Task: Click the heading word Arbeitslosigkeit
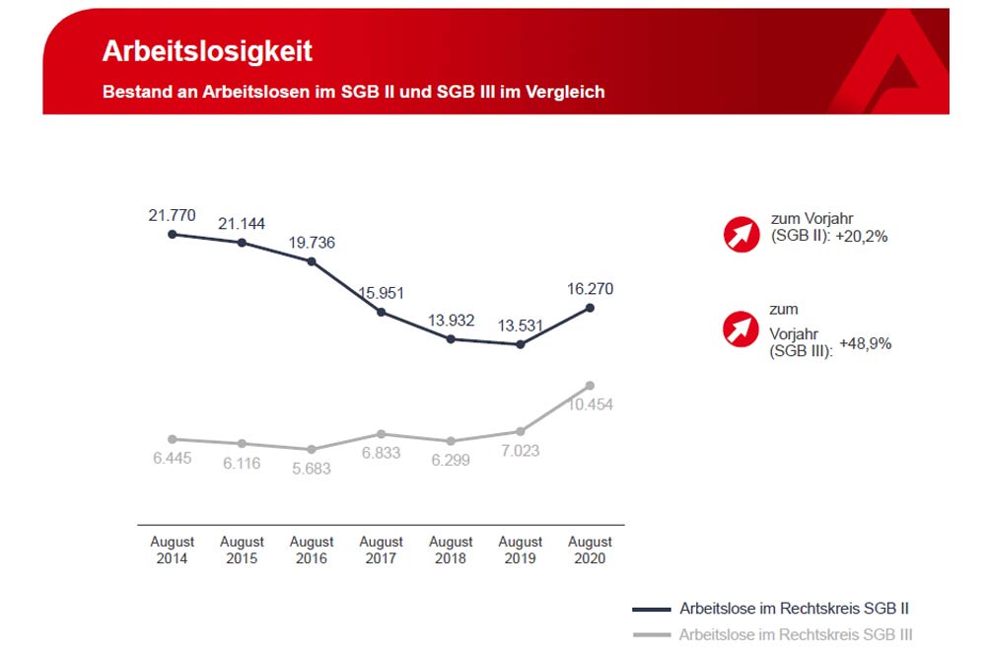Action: (x=207, y=51)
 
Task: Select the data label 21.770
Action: (x=172, y=214)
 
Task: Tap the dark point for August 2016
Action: (x=312, y=261)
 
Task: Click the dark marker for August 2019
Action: (x=521, y=344)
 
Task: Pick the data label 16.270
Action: (x=591, y=289)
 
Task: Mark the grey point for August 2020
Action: (x=590, y=385)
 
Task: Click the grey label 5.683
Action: (x=311, y=469)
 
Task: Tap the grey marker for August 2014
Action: (x=173, y=439)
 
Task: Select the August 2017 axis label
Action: (x=381, y=549)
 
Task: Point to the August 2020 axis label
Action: (x=590, y=549)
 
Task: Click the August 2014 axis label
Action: (x=173, y=549)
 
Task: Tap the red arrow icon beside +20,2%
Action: (x=741, y=234)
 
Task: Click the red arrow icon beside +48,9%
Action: (x=741, y=329)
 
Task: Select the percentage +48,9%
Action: (x=866, y=344)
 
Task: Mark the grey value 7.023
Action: (x=521, y=451)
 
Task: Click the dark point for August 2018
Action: (x=451, y=338)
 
